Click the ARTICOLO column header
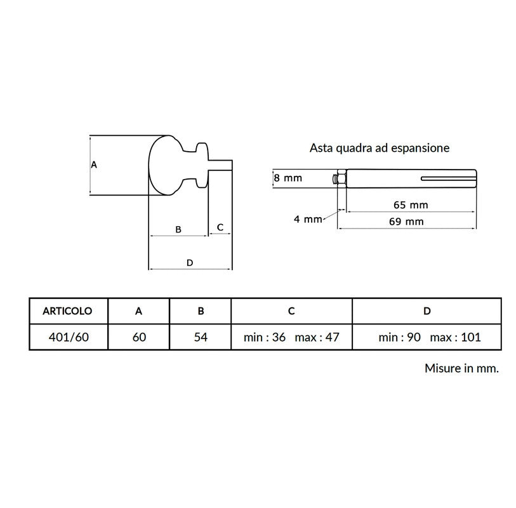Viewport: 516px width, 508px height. pos(67,311)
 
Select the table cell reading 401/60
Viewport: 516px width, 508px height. pos(69,337)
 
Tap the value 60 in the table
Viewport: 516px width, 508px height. pos(139,337)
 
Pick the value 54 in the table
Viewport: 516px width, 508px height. pos(201,337)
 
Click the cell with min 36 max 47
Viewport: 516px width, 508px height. pos(291,337)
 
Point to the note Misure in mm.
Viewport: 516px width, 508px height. pos(461,368)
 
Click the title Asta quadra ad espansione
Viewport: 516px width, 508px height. pos(380,148)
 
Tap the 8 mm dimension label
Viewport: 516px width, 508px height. pos(288,178)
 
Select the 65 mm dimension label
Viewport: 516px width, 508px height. pos(411,205)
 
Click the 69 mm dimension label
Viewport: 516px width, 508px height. pos(406,222)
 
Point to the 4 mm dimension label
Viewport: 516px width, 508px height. pos(308,219)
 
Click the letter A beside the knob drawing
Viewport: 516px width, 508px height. pos(94,164)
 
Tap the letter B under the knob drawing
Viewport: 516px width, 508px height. pos(178,229)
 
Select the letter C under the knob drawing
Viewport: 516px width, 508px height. pos(220,227)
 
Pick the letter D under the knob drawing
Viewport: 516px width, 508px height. pos(190,263)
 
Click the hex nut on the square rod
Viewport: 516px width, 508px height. pos(341,179)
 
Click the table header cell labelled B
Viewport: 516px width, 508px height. pos(201,311)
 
